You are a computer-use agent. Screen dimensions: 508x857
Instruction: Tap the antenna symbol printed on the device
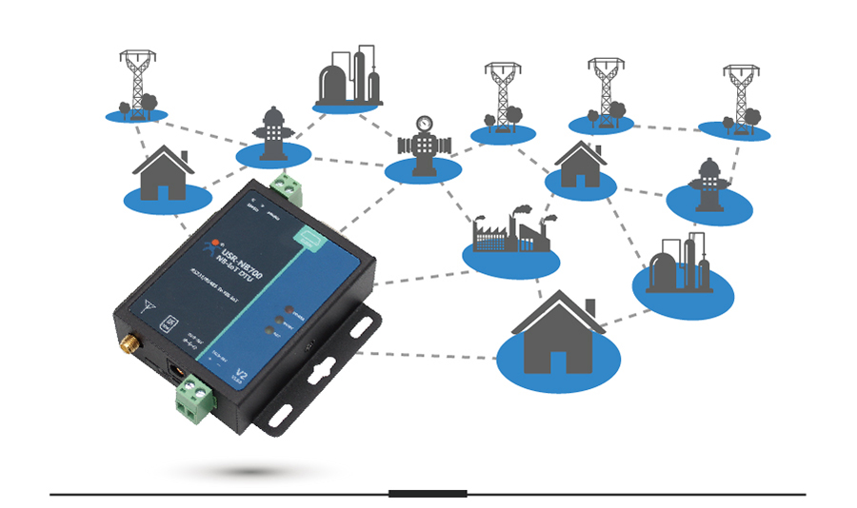(147, 306)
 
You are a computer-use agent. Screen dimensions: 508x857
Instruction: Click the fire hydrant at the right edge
(708, 184)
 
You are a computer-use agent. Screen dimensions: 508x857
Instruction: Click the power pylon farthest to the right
(738, 97)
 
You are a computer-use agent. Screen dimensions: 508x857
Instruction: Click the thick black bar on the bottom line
(428, 494)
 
